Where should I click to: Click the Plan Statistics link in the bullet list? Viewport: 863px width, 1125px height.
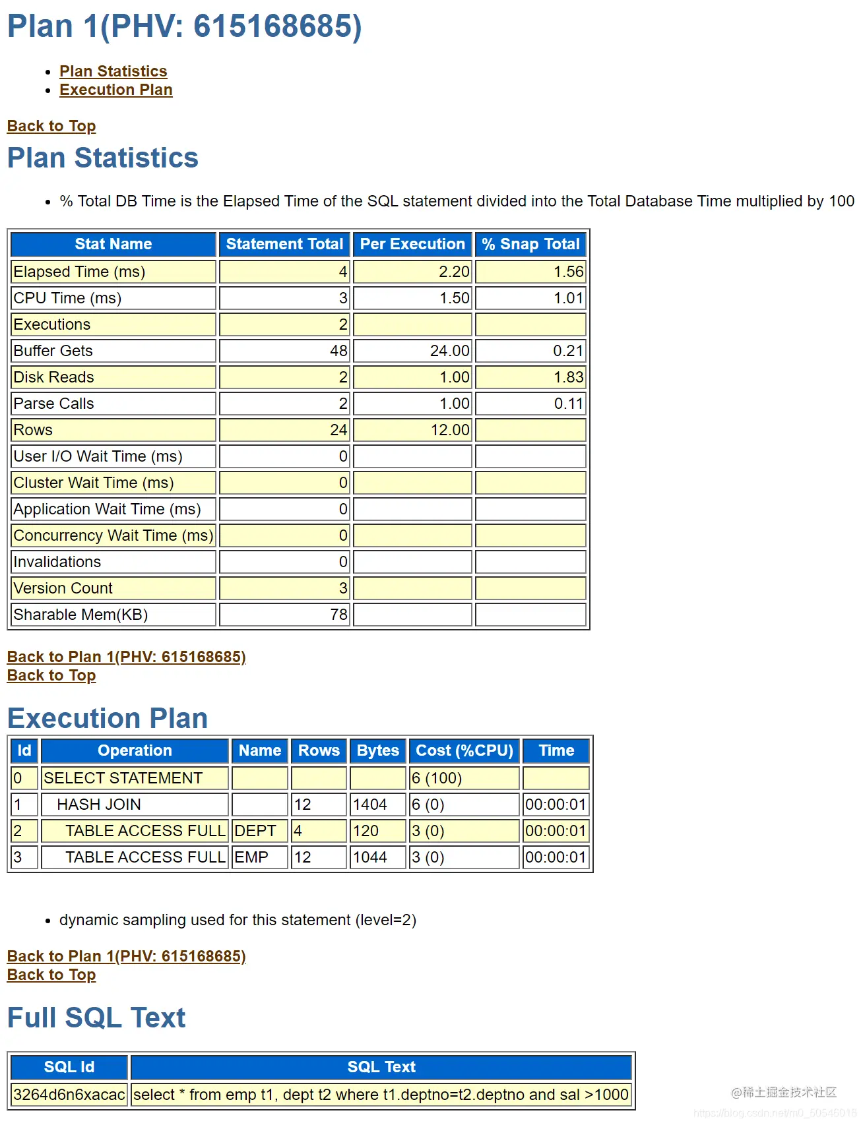(x=113, y=71)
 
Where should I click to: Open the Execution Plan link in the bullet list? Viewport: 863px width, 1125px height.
(x=115, y=90)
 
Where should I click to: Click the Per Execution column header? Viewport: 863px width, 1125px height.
(x=412, y=244)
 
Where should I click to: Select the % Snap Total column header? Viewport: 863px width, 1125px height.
(x=530, y=244)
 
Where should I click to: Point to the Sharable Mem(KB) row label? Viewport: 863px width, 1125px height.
(x=80, y=615)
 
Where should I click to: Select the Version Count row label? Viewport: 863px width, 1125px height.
(x=63, y=588)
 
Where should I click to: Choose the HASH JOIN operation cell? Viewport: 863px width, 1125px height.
(x=99, y=805)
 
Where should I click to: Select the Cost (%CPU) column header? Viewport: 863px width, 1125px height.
(x=464, y=750)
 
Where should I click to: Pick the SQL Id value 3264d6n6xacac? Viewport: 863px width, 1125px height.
(x=69, y=1095)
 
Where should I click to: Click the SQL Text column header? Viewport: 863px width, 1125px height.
(x=381, y=1067)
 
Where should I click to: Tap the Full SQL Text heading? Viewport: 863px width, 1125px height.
(x=96, y=1018)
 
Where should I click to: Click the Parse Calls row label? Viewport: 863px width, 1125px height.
(x=54, y=404)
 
